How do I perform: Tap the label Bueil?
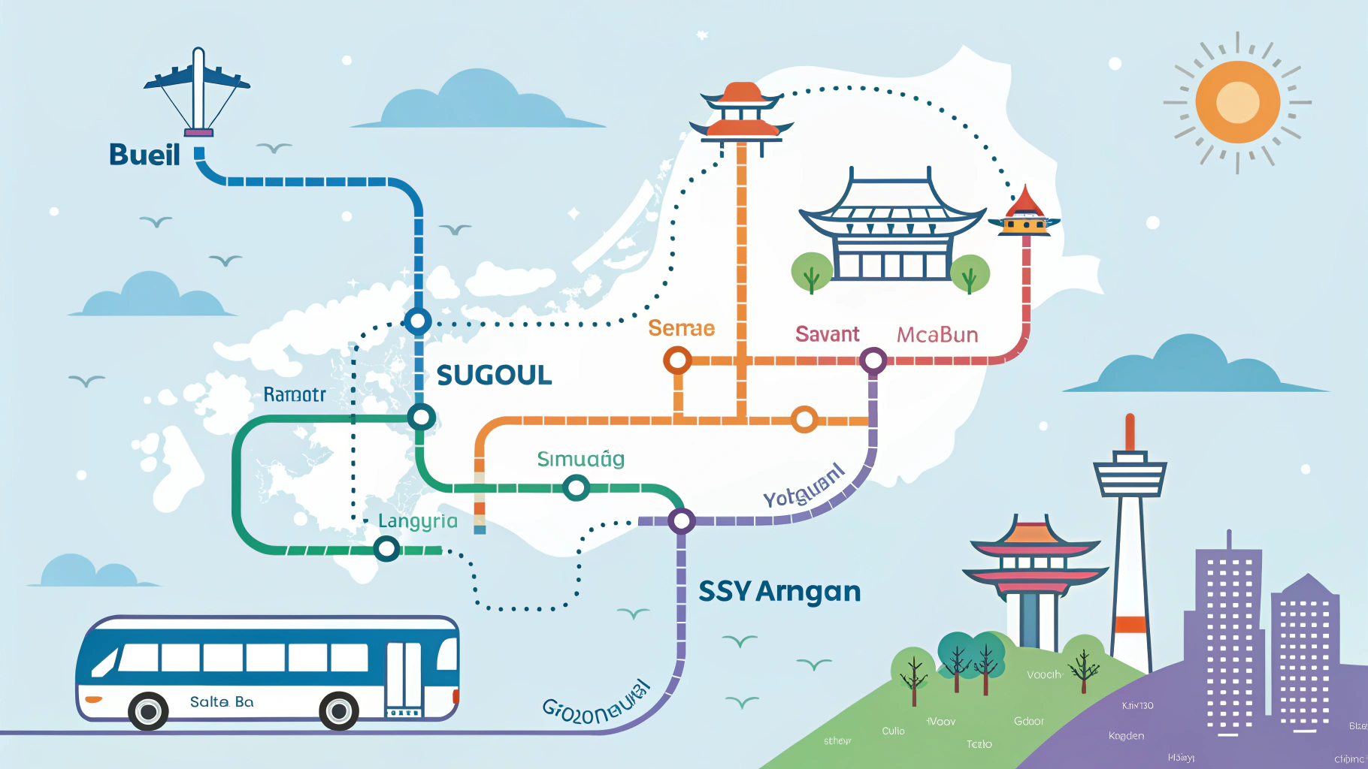point(144,155)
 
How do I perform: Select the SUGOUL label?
point(494,375)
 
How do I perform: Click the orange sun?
point(1237,102)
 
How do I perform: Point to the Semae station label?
point(681,328)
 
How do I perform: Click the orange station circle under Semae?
point(677,360)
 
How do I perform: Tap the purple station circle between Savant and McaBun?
point(873,360)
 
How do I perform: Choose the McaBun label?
point(937,334)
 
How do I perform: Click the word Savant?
point(827,334)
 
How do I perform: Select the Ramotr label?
point(294,394)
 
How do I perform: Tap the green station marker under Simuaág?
point(576,489)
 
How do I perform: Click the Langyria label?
point(417,521)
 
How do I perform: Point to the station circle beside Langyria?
point(386,549)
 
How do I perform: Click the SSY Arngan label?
point(779,592)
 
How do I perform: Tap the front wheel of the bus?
point(338,710)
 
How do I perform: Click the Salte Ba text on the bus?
point(222,702)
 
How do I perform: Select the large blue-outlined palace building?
point(891,228)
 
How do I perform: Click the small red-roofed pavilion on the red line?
point(1025,213)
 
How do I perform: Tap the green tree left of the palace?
point(811,273)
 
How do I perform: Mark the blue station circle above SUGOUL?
point(418,321)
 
